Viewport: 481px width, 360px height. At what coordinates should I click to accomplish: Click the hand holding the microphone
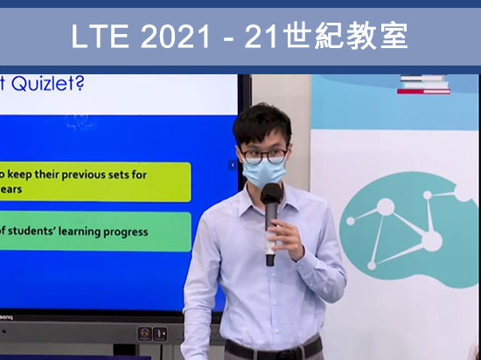point(282,233)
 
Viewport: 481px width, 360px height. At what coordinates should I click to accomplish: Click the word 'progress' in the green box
point(122,232)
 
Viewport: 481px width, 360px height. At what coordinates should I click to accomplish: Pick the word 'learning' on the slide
point(73,232)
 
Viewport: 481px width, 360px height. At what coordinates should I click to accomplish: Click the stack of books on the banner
point(424,85)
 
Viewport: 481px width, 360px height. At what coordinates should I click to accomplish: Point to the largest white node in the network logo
point(429,239)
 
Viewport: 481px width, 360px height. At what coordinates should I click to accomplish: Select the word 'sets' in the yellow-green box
point(118,174)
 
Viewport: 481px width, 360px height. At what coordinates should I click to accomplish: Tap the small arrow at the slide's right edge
point(233,164)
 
